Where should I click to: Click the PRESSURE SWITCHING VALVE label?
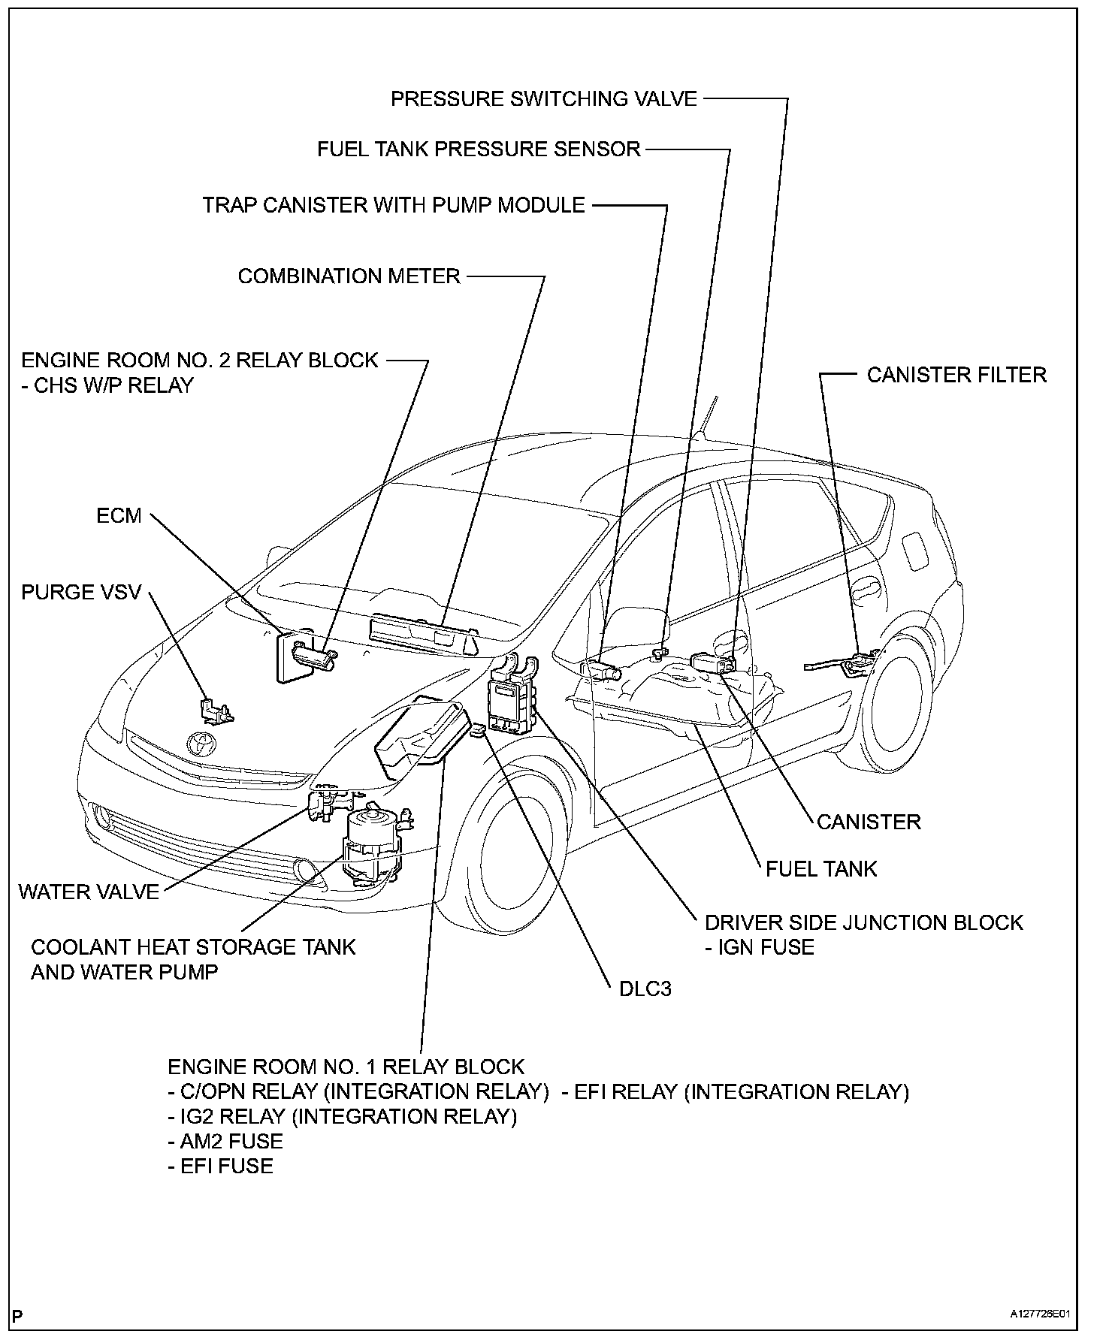(x=543, y=98)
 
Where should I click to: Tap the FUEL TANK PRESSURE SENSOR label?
(x=479, y=149)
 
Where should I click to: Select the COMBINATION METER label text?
(x=349, y=276)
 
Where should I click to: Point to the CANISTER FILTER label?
(x=956, y=375)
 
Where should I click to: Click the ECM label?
(x=119, y=515)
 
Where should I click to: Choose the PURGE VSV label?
(x=81, y=592)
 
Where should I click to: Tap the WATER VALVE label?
(x=89, y=892)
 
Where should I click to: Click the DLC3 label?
(x=645, y=988)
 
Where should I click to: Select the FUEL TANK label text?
(x=821, y=869)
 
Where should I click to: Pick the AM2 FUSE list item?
(x=225, y=1142)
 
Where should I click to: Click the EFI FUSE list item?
(x=221, y=1166)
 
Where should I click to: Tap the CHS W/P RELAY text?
(x=108, y=385)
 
